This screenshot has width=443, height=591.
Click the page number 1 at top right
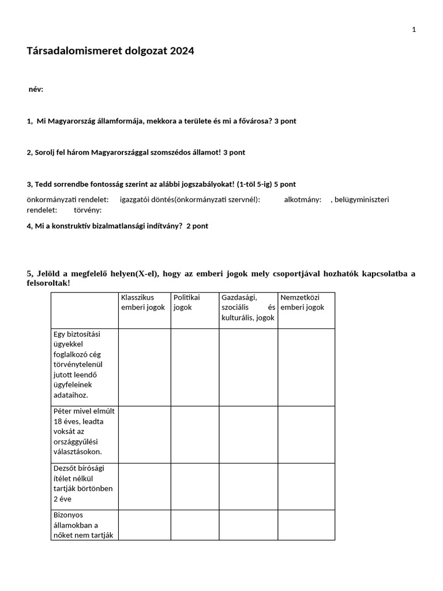coord(414,30)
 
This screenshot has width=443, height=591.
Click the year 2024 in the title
coord(182,51)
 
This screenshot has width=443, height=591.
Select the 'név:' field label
coord(36,89)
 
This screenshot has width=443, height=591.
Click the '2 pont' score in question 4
coord(197,226)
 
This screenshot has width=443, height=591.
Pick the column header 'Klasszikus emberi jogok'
coord(143,302)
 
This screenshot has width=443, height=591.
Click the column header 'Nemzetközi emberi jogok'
coord(302,302)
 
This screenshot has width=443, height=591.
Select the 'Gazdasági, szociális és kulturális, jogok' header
coord(248,308)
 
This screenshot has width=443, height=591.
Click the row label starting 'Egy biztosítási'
coord(77,364)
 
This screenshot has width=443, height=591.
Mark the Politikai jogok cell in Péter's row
coord(194,434)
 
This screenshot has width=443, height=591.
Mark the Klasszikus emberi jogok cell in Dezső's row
coord(144,486)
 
